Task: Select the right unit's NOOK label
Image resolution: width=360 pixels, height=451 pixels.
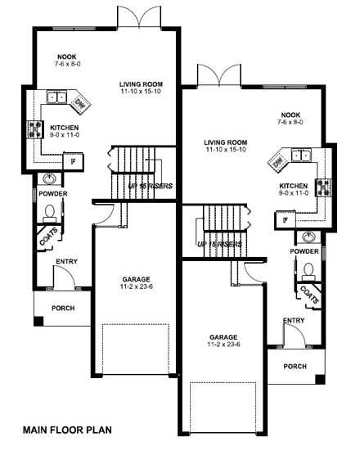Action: coord(291,116)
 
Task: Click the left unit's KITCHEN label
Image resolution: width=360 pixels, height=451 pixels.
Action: coord(64,128)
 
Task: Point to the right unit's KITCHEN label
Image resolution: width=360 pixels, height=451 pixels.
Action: coord(293,186)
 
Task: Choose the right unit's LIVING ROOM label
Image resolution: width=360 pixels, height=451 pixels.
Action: coord(226,142)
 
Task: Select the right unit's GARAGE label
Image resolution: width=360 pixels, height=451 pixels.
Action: coord(223,336)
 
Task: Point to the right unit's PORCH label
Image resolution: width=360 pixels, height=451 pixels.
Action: coord(295,366)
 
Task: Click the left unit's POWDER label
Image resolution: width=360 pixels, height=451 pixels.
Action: coord(52,193)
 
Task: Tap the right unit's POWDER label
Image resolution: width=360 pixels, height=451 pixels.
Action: coord(304,251)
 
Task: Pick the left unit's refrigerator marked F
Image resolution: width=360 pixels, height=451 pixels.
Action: coord(73,161)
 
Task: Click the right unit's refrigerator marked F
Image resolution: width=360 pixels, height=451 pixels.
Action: coord(286,219)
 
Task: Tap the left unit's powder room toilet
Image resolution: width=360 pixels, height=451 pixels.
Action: coord(49,213)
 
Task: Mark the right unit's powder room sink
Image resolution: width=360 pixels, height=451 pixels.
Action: coord(308,237)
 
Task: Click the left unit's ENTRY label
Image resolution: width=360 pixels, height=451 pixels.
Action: coord(66,262)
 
